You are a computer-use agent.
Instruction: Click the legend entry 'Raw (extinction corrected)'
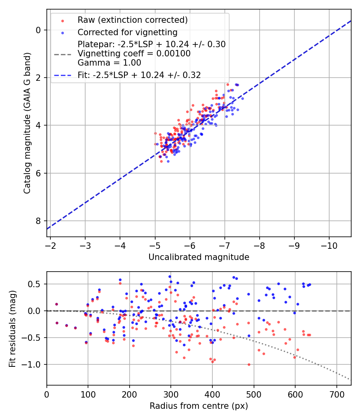tap(132, 20)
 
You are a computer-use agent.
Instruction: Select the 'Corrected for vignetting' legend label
tap(128, 32)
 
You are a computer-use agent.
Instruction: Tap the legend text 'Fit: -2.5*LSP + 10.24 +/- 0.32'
tap(139, 75)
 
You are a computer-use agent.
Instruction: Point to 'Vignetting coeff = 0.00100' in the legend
tap(134, 54)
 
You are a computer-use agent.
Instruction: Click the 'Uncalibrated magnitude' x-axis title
tap(199, 257)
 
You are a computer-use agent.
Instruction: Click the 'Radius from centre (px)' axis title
tap(199, 406)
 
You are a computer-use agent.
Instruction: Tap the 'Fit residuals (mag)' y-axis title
tap(12, 328)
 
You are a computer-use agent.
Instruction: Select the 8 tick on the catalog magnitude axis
tap(38, 221)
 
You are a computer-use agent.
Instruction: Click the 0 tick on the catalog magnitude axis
tap(38, 30)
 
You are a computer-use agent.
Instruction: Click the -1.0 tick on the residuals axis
tap(34, 364)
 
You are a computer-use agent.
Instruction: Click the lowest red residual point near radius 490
tap(249, 364)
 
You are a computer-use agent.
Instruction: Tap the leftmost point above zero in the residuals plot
tap(56, 304)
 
